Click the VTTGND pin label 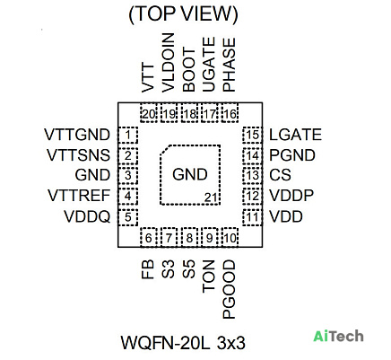click(x=77, y=135)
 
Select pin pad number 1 click(x=128, y=135)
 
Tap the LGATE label click(x=295, y=135)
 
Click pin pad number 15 click(x=253, y=135)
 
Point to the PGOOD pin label click(x=230, y=289)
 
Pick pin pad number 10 click(x=230, y=238)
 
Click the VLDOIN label click(x=168, y=63)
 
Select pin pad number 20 click(x=149, y=113)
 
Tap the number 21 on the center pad click(x=211, y=198)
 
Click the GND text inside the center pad click(x=190, y=174)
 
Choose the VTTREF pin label click(x=79, y=196)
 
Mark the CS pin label click(x=280, y=175)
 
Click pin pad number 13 click(x=253, y=175)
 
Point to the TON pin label click(x=209, y=277)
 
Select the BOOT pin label click(x=188, y=70)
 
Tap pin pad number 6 click(x=149, y=238)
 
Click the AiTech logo click(x=338, y=336)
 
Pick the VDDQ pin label click(x=87, y=216)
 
